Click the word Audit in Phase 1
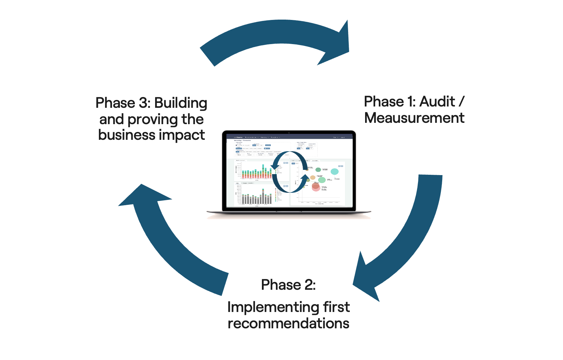[437, 102]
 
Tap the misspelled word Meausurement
[414, 118]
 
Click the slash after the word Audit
[461, 102]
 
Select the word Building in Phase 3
[181, 103]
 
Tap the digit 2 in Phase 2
[309, 285]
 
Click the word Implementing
[273, 307]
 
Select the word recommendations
[288, 323]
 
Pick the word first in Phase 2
[336, 307]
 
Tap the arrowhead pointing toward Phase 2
[366, 281]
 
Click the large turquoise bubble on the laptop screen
[334, 172]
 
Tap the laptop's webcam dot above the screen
[289, 133]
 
